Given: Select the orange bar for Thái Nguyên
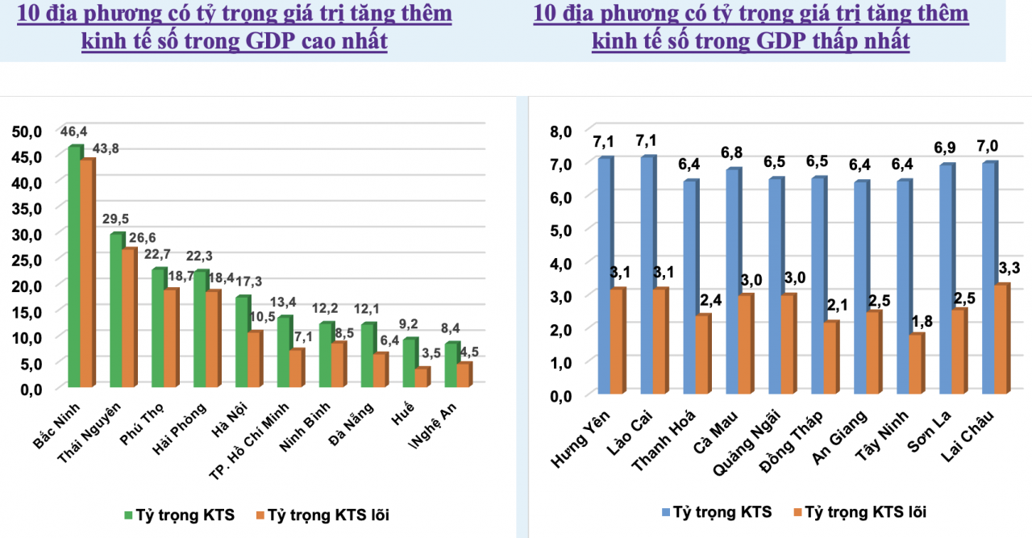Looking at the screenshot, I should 129,319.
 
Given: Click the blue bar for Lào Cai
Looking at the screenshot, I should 647,275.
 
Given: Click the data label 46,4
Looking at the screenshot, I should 74,131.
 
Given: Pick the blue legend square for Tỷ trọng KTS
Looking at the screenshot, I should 666,511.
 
